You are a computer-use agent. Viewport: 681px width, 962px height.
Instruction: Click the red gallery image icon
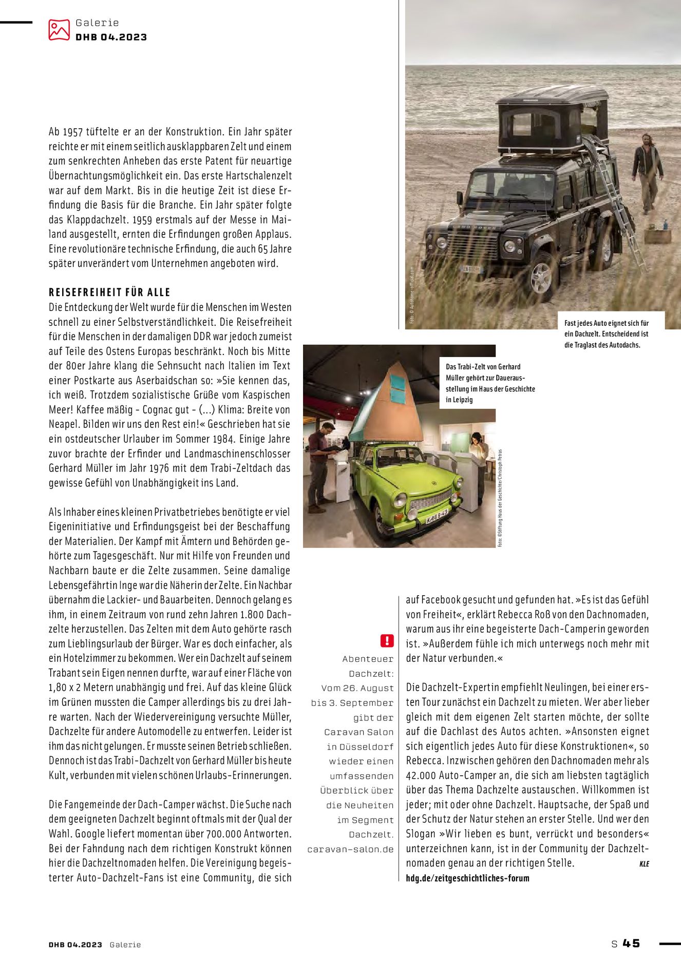59,30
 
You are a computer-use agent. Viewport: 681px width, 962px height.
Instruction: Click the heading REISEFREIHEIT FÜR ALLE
109,292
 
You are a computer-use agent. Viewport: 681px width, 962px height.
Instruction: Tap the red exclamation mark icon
387,640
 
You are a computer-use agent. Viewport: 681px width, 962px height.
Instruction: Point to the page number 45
631,943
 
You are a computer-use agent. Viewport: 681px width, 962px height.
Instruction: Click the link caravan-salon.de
350,849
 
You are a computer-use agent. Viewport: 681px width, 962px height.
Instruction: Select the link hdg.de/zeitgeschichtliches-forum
467,878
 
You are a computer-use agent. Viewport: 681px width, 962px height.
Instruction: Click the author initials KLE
644,864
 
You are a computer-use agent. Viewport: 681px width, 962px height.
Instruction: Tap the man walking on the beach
647,172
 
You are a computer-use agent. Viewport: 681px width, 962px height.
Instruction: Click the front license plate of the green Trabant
437,519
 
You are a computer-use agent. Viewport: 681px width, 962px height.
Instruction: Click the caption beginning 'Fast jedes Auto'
607,334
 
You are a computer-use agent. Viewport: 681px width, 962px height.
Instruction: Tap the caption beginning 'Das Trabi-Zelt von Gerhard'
490,383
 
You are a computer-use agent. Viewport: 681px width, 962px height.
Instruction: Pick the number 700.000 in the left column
223,834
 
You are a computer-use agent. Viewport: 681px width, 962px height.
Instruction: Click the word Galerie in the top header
97,23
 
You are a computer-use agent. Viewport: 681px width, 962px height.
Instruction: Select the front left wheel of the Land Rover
541,281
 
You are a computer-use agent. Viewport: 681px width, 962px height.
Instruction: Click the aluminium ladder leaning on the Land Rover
616,200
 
